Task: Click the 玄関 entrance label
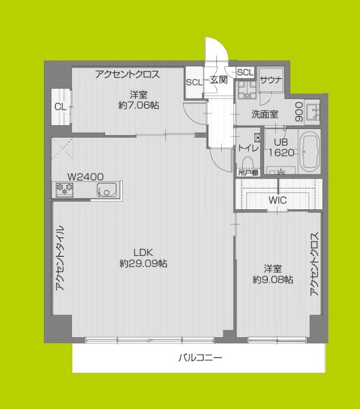click(219, 80)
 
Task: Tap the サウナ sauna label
click(271, 80)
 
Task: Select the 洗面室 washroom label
click(265, 114)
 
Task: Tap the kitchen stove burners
click(65, 190)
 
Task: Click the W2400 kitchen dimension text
click(85, 177)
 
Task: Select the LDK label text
click(143, 252)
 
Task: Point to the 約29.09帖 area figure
click(143, 263)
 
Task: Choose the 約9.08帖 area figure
click(273, 279)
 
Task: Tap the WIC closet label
click(277, 200)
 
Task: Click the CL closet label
click(61, 107)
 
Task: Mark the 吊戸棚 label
click(248, 173)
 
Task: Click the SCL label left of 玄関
click(193, 82)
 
